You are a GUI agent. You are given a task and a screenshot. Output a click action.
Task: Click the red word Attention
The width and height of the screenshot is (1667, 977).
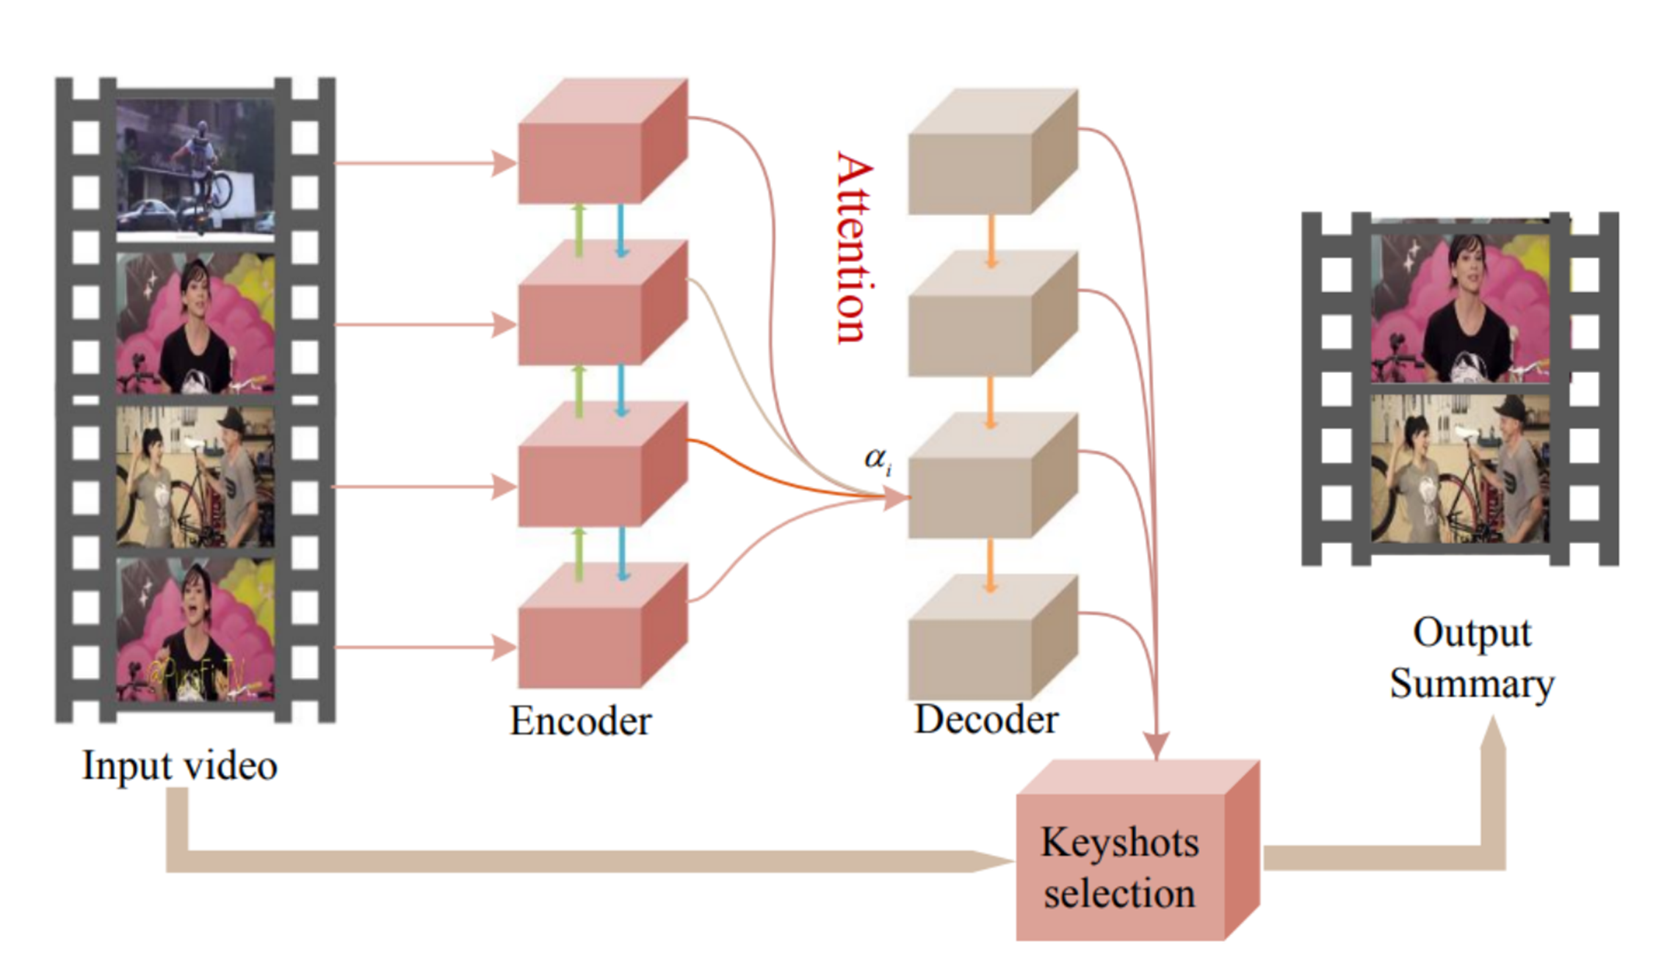855,248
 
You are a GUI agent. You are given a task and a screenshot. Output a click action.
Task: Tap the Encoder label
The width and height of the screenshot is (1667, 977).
580,721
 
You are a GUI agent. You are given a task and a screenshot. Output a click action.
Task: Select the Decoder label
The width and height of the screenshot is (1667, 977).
986,719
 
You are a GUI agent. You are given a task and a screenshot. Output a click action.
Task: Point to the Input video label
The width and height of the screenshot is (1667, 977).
179,766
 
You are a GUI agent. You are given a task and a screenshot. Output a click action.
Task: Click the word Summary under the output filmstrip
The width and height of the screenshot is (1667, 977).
1472,684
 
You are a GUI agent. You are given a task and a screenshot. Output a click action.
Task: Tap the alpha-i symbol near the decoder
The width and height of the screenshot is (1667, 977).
878,460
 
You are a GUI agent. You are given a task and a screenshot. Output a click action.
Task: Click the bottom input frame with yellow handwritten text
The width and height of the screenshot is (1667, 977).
195,630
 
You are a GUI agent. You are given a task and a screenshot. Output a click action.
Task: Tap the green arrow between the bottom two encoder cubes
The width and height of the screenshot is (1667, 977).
579,555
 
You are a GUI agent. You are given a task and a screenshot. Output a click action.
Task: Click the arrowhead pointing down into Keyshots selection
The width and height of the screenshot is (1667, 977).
1157,744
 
